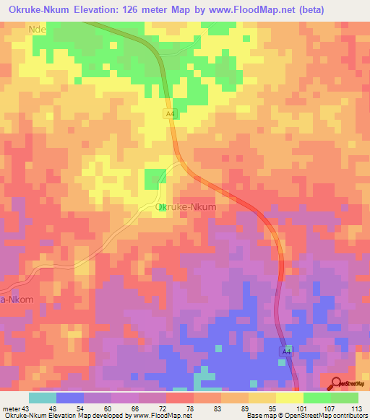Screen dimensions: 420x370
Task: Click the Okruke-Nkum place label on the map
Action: click(186, 207)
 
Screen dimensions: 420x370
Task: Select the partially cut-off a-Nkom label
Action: click(17, 299)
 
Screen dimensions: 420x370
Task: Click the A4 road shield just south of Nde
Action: click(170, 113)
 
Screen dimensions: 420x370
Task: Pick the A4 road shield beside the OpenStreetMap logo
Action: click(287, 351)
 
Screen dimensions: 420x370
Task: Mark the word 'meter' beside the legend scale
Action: click(9, 408)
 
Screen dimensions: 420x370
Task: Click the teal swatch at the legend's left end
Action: click(42, 398)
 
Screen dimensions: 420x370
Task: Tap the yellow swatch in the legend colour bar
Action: click(289, 398)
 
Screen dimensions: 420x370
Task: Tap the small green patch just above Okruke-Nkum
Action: click(154, 178)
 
